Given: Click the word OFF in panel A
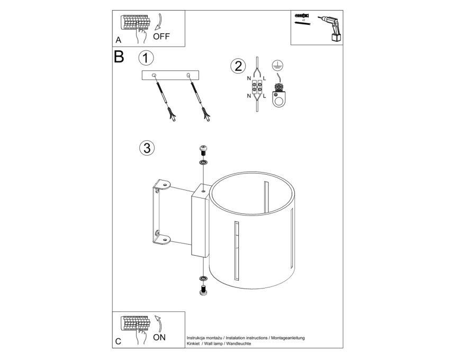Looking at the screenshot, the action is click(161, 37).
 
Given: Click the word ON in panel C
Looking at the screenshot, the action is click(159, 337).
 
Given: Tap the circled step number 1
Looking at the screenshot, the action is click(146, 58).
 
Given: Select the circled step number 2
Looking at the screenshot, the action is click(238, 66).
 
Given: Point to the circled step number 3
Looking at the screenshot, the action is click(147, 148).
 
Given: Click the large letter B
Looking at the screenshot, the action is click(119, 57).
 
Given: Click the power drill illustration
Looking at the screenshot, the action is click(331, 29).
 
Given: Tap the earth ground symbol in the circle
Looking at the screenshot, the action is click(276, 66).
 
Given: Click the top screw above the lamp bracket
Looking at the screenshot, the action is click(203, 151).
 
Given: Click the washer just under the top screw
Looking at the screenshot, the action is click(203, 163).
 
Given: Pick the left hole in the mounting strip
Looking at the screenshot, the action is click(154, 75).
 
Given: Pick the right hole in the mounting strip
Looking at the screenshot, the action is click(188, 75).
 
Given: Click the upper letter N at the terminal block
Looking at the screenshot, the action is click(249, 78).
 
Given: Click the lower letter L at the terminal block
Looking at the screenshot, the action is click(264, 96).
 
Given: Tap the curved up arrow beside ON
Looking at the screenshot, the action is click(159, 323).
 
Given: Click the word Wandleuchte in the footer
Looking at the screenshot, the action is click(239, 344).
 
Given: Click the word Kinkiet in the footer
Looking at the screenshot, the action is click(193, 344).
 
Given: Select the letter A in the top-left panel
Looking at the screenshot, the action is click(118, 40).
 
